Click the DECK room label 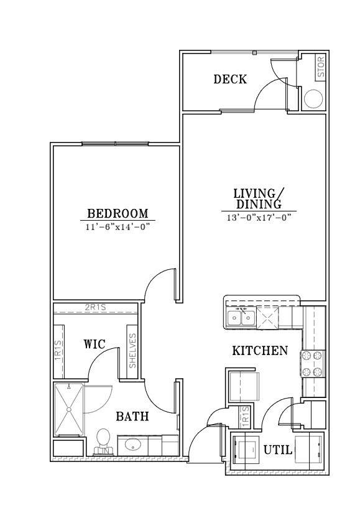point(230,80)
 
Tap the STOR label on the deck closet point(321,67)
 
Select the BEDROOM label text point(118,213)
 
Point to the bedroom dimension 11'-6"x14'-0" point(118,227)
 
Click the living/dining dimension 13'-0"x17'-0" point(259,218)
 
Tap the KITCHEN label point(260,351)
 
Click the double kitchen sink point(241,318)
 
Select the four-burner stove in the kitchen point(313,363)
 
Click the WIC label point(94,344)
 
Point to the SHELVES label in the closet point(132,351)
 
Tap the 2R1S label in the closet point(95,307)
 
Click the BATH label point(132,416)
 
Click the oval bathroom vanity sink point(133,445)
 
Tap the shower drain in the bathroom point(68,409)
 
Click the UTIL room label point(278,450)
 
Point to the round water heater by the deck point(313,99)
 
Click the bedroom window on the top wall point(115,144)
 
